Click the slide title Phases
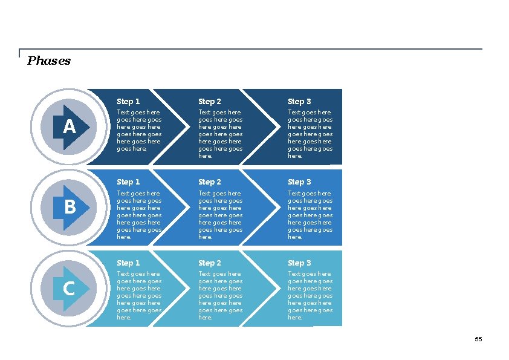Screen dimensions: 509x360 [49, 61]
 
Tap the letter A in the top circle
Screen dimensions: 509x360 [70, 127]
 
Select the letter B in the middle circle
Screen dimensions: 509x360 [70, 208]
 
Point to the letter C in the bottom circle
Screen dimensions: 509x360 [69, 289]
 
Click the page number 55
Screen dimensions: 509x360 [478, 339]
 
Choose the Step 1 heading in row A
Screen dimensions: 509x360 [128, 102]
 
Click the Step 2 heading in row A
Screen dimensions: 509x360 [210, 102]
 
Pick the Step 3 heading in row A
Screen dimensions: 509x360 [299, 102]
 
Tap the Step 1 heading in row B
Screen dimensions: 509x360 [128, 182]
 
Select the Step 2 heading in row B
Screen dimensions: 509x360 [210, 182]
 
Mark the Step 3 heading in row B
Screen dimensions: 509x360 [299, 182]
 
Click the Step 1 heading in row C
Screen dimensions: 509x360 [128, 263]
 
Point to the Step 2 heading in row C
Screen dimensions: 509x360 [210, 263]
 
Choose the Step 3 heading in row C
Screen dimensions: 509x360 [299, 263]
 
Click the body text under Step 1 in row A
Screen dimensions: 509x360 [139, 130]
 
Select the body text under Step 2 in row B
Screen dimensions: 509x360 [221, 215]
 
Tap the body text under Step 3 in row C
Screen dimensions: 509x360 [310, 295]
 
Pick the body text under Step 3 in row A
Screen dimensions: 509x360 [310, 134]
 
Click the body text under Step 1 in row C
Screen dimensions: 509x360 [139, 295]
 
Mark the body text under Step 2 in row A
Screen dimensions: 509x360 [221, 134]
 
